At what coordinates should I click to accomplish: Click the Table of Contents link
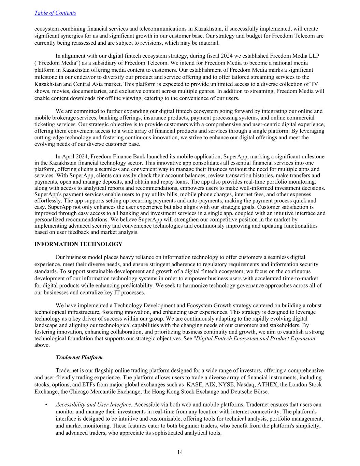click(x=55, y=13)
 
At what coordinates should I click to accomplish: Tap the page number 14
click(x=180, y=452)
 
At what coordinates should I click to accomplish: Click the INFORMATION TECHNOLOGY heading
click(x=78, y=244)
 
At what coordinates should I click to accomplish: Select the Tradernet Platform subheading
click(x=79, y=357)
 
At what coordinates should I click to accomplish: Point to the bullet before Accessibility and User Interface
click(x=46, y=405)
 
